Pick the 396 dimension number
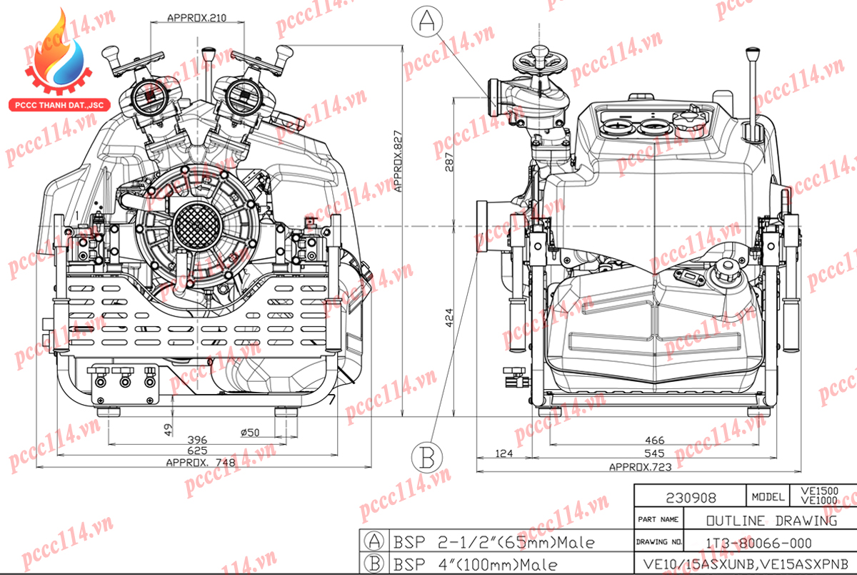pos(196,440)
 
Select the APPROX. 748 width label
pos(200,462)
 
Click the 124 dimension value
pos(503,453)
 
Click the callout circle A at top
pos(427,22)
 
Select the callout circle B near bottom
pos(427,456)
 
